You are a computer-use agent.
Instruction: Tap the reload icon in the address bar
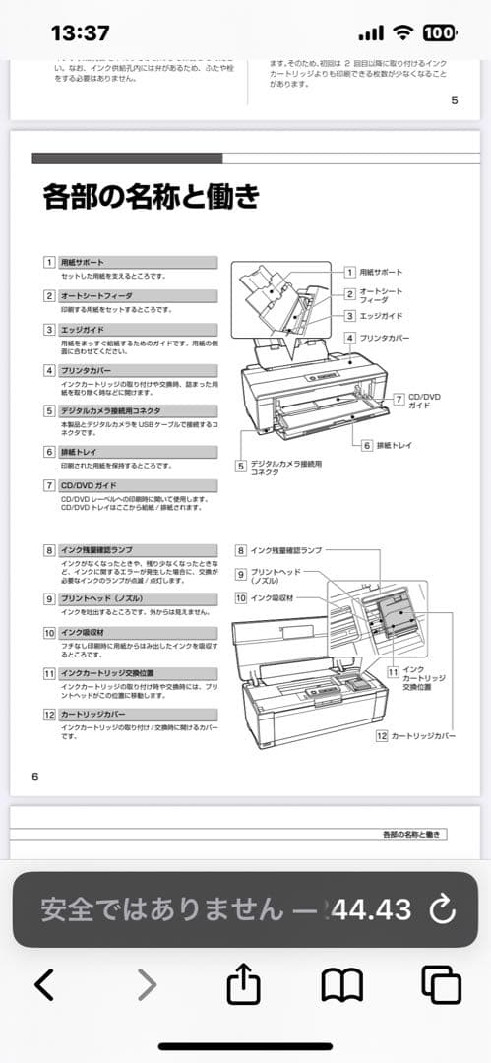(443, 908)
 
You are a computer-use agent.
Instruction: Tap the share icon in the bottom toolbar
(243, 984)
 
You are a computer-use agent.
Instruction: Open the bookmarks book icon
(341, 984)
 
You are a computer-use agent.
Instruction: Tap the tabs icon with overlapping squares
(441, 984)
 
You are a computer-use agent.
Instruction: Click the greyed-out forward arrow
(146, 984)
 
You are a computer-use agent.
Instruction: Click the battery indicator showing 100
(439, 33)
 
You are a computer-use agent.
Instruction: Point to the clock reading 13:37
(80, 33)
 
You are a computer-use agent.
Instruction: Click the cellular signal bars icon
(371, 33)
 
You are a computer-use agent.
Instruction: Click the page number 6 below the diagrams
(35, 776)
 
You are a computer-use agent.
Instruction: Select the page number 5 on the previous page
(454, 100)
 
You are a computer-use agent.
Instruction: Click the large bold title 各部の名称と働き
(152, 197)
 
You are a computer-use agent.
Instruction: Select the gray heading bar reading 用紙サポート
(137, 263)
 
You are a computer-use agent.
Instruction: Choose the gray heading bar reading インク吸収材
(137, 633)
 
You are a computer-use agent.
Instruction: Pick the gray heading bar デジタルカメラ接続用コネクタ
(137, 410)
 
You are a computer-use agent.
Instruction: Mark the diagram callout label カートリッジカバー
(424, 735)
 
